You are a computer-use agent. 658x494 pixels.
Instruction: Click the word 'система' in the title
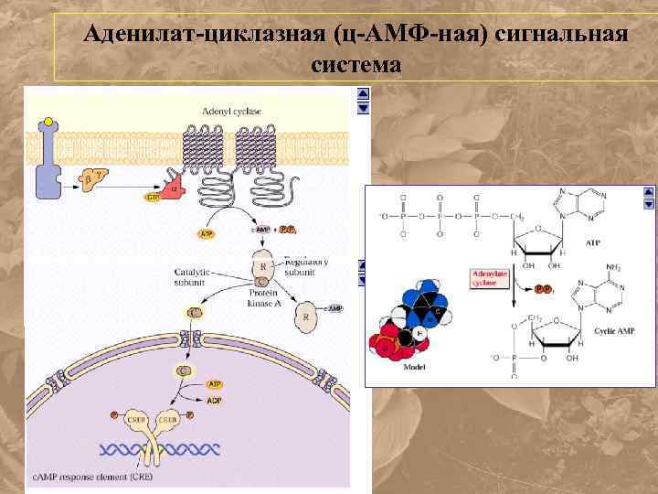356,65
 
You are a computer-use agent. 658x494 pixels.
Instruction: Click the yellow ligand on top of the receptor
47,123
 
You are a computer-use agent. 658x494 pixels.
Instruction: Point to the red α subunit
174,188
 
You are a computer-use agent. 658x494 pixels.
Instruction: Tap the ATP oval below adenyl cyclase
207,234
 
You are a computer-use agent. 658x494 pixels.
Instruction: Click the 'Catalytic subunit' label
193,276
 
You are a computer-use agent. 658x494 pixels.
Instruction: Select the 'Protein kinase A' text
270,298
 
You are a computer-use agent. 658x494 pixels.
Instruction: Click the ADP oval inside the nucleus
214,399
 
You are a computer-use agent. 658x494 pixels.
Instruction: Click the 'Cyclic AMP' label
615,329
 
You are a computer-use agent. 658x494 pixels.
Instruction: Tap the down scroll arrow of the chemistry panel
649,206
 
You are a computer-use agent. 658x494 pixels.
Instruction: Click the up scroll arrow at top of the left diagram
363,93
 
